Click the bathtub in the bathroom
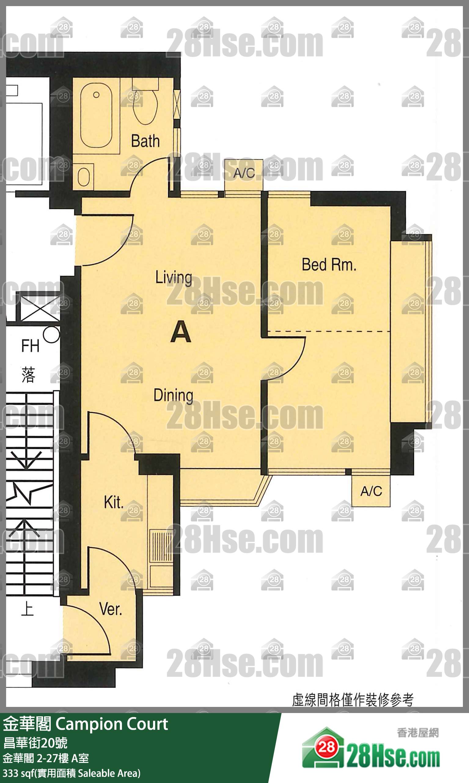[x=96, y=116]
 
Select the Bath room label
[x=145, y=141]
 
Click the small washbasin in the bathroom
[x=83, y=176]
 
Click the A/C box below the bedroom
[x=371, y=491]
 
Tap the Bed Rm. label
[x=329, y=265]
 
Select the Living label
[x=174, y=278]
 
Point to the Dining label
[x=174, y=395]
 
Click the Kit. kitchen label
[x=113, y=502]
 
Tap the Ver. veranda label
[x=111, y=609]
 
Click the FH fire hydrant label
[x=30, y=346]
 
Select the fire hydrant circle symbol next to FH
[x=51, y=334]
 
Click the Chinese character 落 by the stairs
[x=28, y=375]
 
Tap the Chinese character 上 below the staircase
[x=27, y=609]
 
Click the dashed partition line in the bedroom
[x=329, y=331]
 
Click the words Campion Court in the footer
[x=112, y=724]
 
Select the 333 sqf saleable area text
[x=72, y=773]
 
